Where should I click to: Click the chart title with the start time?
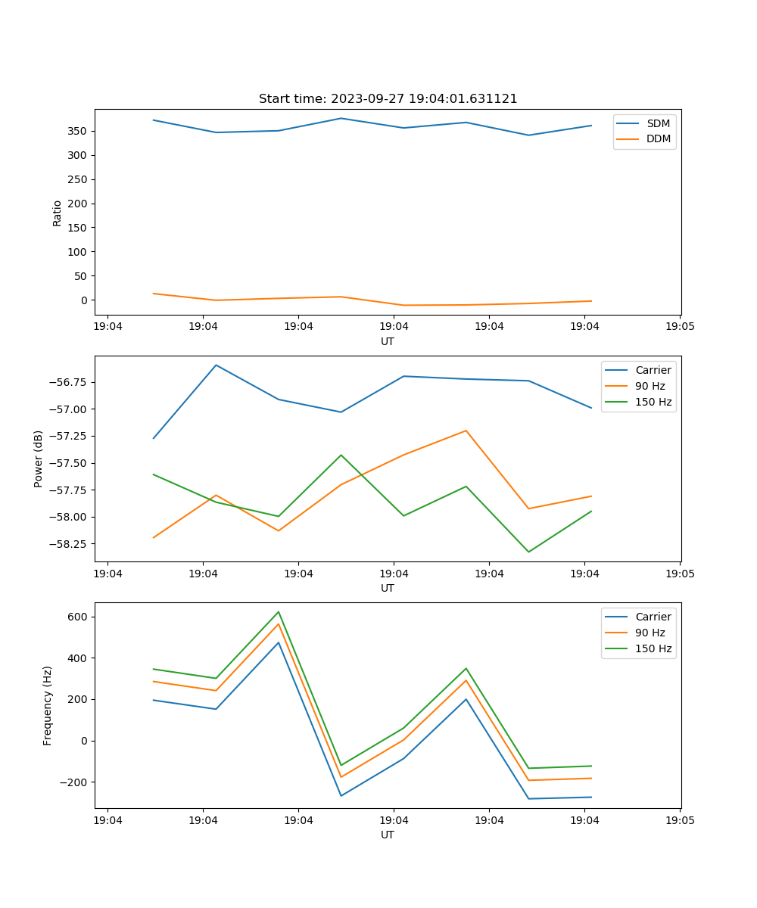pyautogui.click(x=388, y=99)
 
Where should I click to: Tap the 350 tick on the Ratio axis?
pyautogui.click(x=77, y=131)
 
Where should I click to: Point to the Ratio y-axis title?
pyautogui.click(x=58, y=213)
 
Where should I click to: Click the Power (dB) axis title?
pyautogui.click(x=39, y=459)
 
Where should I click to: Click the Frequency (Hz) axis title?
pyautogui.click(x=48, y=705)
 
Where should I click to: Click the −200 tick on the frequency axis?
pyautogui.click(x=73, y=782)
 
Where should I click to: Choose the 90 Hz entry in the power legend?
pyautogui.click(x=650, y=386)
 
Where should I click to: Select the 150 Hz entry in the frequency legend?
pyautogui.click(x=653, y=648)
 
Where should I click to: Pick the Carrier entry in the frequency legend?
pyautogui.click(x=653, y=617)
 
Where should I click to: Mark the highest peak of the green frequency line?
pyautogui.click(x=279, y=611)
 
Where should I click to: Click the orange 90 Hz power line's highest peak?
pyautogui.click(x=466, y=431)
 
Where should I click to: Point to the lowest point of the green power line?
pyautogui.click(x=528, y=552)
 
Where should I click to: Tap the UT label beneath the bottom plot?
pyautogui.click(x=388, y=835)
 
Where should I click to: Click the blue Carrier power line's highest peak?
pyautogui.click(x=216, y=365)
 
